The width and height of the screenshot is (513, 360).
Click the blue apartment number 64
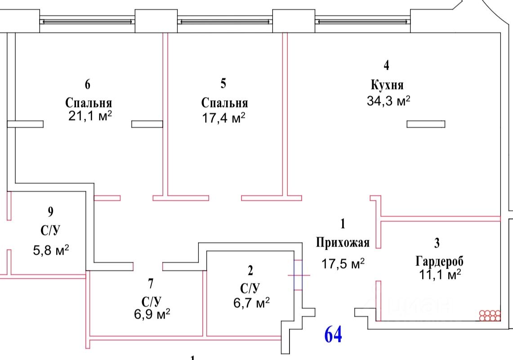coord(333,335)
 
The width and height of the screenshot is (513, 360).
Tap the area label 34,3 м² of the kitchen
coord(388,101)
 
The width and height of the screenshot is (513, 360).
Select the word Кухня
coord(387,85)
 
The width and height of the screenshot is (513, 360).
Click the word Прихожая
coord(343,243)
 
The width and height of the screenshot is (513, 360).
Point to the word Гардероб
coord(439,261)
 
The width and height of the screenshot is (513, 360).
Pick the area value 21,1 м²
coord(90,116)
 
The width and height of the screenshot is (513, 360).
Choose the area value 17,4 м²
coord(223,118)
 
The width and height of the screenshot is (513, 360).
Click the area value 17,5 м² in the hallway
coord(343,264)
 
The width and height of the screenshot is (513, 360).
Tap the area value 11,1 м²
coord(440,274)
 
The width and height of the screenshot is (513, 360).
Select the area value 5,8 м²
coord(51,251)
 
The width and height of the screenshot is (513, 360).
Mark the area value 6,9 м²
coord(152,314)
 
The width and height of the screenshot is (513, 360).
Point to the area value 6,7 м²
coord(251,303)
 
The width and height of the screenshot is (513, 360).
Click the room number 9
coord(50,211)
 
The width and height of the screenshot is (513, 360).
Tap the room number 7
coord(151,283)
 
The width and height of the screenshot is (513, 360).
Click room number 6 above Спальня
coord(87,84)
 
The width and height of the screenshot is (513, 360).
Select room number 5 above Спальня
coord(223,83)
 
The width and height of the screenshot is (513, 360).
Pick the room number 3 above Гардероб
coord(437,243)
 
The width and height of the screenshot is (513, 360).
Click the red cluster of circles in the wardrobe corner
coord(490,315)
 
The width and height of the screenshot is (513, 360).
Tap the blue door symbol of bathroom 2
coord(299,275)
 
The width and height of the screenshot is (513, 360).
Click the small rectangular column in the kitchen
coord(426,124)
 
